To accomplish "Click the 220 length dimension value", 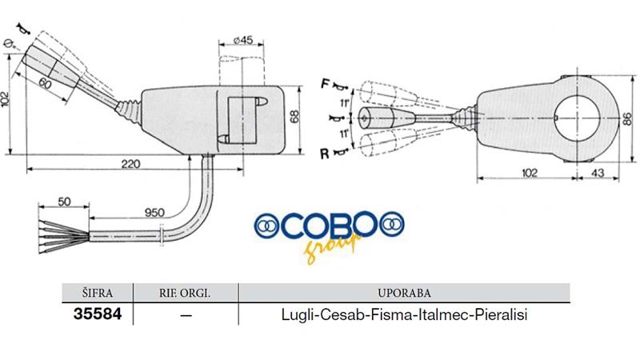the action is pyautogui.click(x=130, y=164).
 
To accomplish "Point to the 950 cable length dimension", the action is pyautogui.click(x=154, y=213).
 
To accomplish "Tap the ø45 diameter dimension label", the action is pyautogui.click(x=243, y=40).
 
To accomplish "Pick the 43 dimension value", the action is pyautogui.click(x=597, y=173).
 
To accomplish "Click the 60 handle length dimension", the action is pyautogui.click(x=46, y=84).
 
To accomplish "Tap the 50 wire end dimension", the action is pyautogui.click(x=64, y=202).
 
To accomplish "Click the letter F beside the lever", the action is pyautogui.click(x=325, y=84).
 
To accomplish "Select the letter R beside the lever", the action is pyautogui.click(x=325, y=154).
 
